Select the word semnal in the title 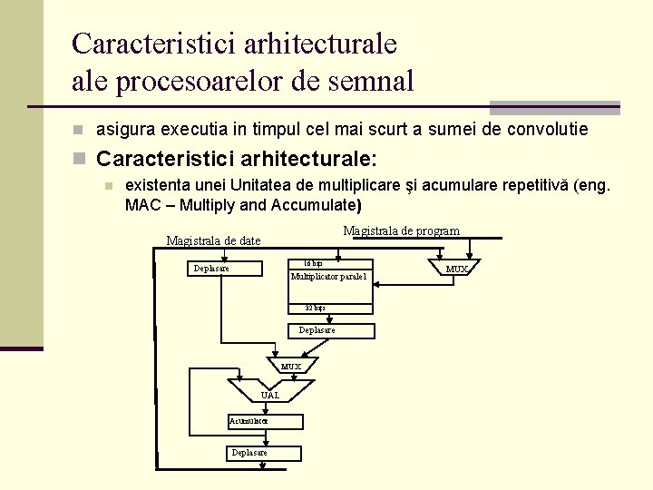pos(366,81)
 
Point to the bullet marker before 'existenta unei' pos(107,186)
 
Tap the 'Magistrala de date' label pos(213,240)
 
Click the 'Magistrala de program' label pos(401,231)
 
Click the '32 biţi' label pos(315,309)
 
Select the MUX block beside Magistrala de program pos(456,268)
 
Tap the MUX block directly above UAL pos(291,365)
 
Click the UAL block pos(269,394)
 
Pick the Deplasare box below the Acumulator pos(250,451)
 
